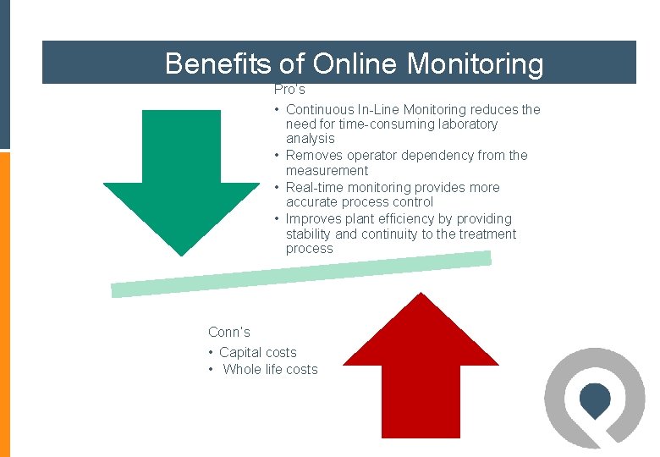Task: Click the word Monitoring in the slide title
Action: (476, 63)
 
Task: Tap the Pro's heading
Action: (289, 89)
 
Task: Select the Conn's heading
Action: (229, 332)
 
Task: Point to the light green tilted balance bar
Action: (300, 275)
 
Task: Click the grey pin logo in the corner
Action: (594, 398)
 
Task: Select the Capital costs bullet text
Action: (257, 352)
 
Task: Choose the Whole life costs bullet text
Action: (270, 369)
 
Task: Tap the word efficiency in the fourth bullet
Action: (407, 218)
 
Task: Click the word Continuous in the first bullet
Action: (321, 109)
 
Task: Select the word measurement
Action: (327, 171)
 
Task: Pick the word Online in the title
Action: (355, 63)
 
